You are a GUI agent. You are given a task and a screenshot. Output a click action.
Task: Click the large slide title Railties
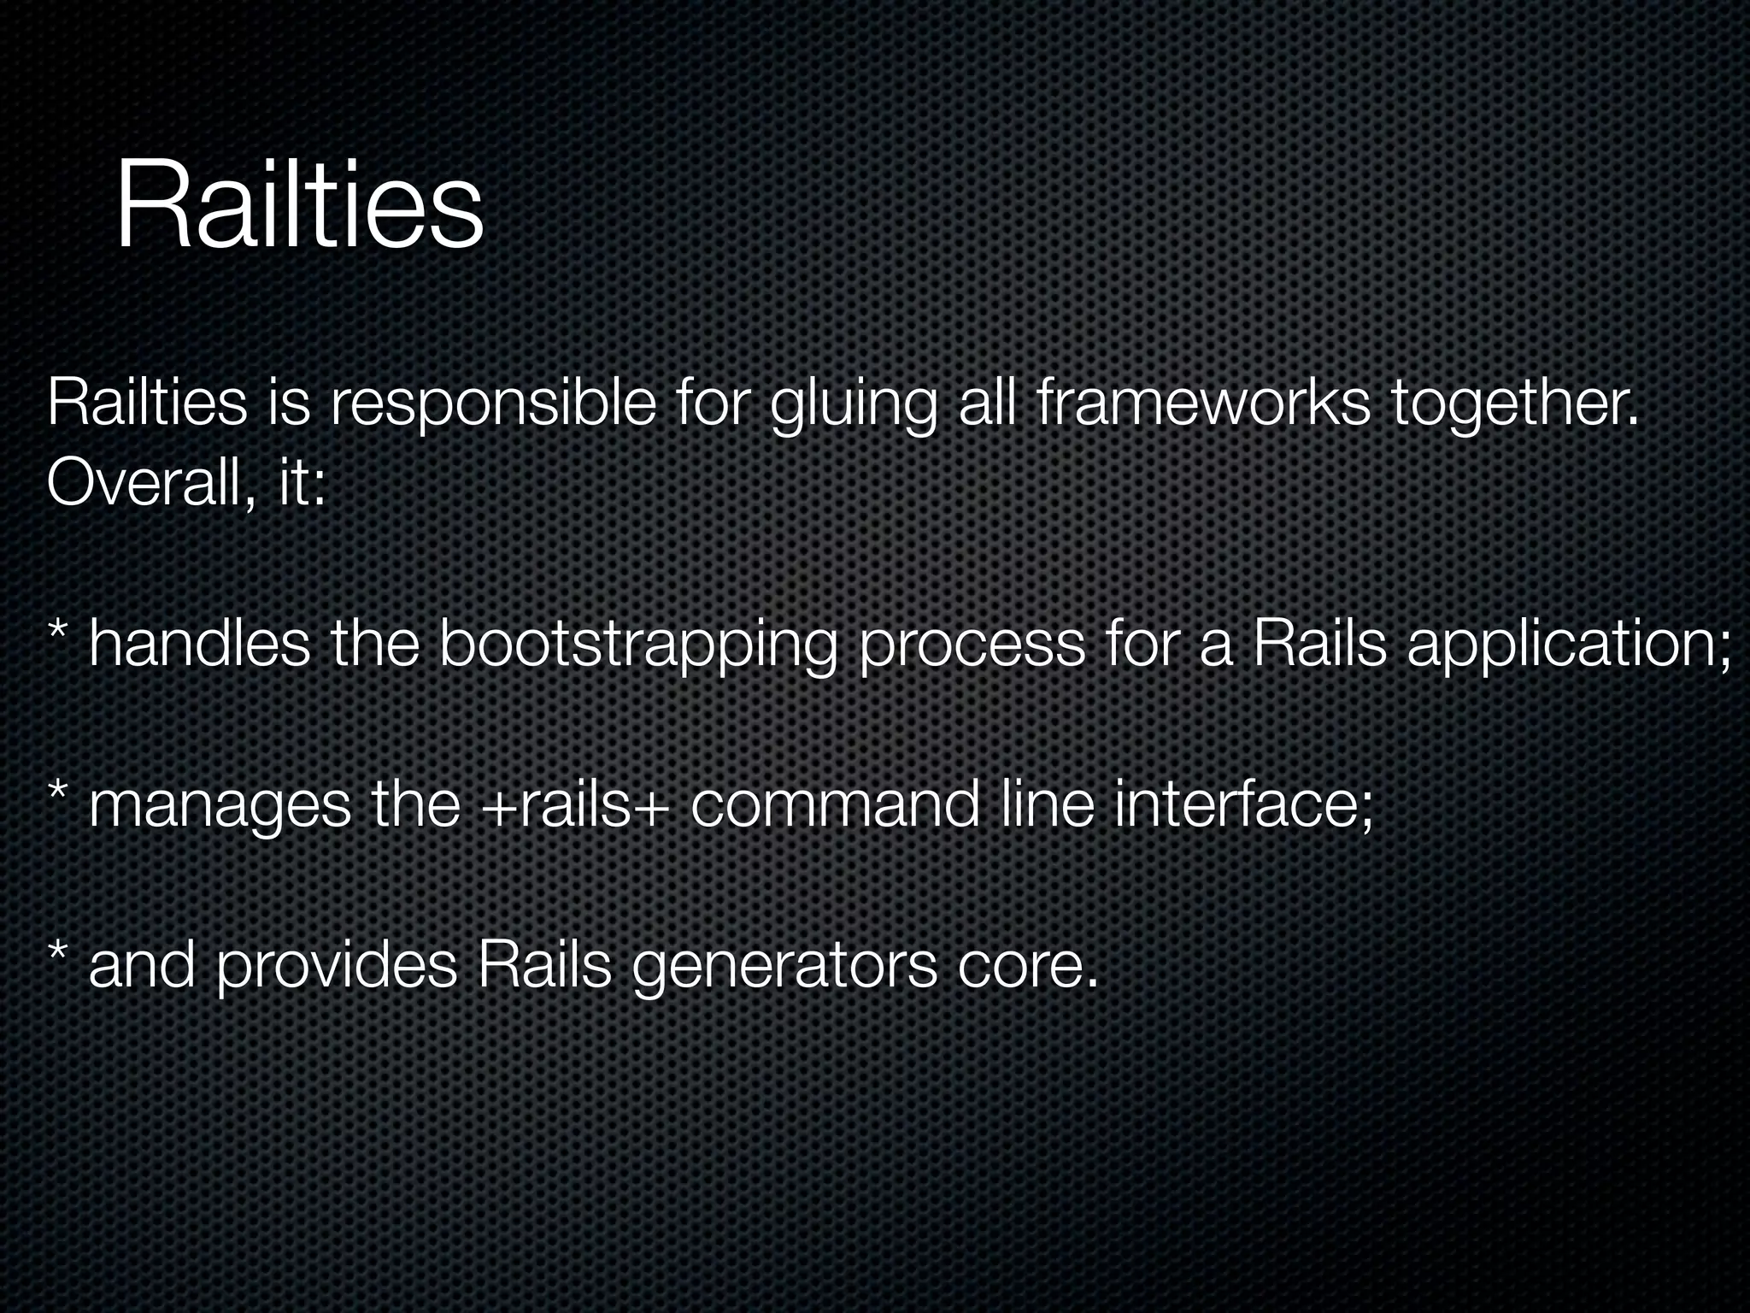coord(299,208)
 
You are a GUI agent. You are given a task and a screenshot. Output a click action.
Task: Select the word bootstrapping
coord(637,645)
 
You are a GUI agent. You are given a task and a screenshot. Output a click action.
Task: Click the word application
coord(1569,645)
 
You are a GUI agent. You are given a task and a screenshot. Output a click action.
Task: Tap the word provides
coord(337,967)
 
